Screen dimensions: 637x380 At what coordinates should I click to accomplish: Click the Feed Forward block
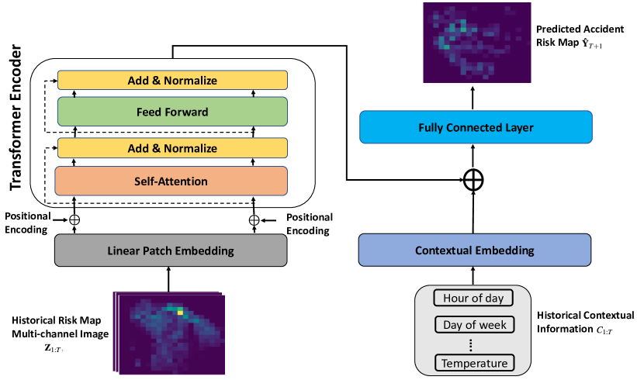click(173, 112)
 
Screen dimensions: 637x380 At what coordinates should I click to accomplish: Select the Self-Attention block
click(171, 181)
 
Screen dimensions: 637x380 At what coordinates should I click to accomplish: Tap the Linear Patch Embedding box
click(171, 250)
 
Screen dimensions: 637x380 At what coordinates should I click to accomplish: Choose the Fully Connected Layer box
click(476, 127)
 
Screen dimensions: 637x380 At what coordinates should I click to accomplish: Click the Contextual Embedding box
click(475, 250)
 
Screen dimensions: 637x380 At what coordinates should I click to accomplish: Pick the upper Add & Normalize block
click(173, 81)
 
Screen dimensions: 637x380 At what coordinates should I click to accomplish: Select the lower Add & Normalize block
click(173, 148)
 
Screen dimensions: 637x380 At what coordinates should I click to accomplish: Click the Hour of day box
click(473, 298)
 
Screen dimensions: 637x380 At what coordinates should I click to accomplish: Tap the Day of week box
click(475, 325)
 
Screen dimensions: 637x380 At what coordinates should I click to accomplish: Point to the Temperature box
click(475, 363)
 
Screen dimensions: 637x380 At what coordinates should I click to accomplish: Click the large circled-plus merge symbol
click(473, 180)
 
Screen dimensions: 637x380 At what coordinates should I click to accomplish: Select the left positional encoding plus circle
click(74, 219)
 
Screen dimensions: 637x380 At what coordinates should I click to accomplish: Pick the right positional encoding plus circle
click(254, 220)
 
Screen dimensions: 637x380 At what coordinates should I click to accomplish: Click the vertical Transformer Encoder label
click(15, 118)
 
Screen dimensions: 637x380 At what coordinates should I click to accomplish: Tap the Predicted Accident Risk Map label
click(580, 36)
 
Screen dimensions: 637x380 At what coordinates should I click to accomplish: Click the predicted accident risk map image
click(477, 43)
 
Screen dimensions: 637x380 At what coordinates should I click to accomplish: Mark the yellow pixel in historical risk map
click(180, 312)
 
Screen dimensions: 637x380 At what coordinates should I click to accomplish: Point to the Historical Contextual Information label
click(585, 322)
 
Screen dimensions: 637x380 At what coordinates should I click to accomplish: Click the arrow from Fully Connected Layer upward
click(473, 98)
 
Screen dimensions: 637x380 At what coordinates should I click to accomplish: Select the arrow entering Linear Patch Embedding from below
click(168, 279)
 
